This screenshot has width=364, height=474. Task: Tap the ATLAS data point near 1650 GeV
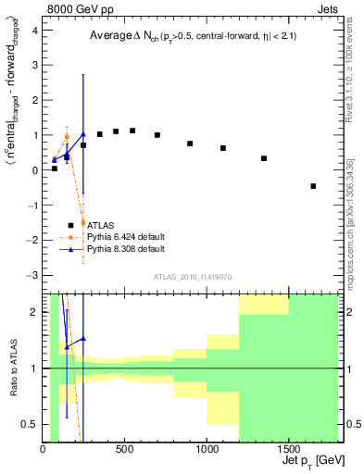point(313,186)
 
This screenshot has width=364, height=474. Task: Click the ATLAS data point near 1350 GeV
point(264,158)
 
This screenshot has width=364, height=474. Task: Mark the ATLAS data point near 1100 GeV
point(223,148)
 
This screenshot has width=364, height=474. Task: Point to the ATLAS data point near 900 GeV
point(190,143)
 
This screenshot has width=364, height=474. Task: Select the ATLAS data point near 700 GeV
point(157,135)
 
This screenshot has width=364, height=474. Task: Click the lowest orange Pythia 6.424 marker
point(83,223)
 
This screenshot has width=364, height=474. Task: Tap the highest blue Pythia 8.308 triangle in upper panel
point(83,134)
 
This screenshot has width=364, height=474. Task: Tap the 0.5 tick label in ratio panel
point(30,424)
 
